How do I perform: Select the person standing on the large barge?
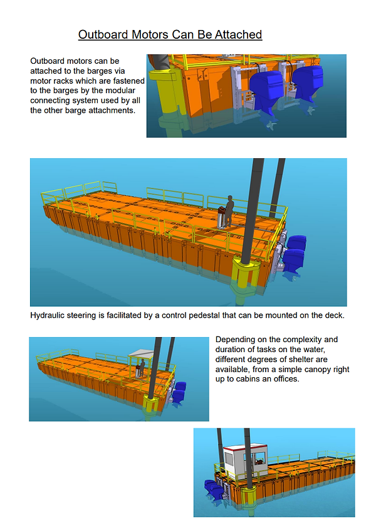230,211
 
